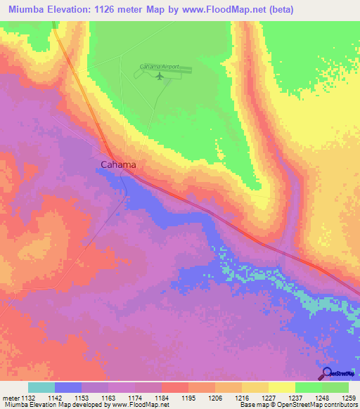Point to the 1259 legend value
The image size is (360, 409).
click(x=349, y=398)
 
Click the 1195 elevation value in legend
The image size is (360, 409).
click(x=188, y=398)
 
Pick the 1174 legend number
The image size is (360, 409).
click(x=135, y=398)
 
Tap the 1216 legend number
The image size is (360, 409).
click(x=242, y=398)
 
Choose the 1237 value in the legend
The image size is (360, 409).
click(x=295, y=398)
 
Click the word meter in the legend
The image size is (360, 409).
click(x=13, y=398)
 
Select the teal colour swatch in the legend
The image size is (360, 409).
click(x=41, y=387)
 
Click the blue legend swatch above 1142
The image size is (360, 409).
click(x=68, y=387)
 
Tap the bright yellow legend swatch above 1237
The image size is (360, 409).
click(x=282, y=387)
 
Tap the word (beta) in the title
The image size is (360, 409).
click(x=279, y=10)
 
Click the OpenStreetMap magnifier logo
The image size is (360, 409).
click(x=326, y=373)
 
